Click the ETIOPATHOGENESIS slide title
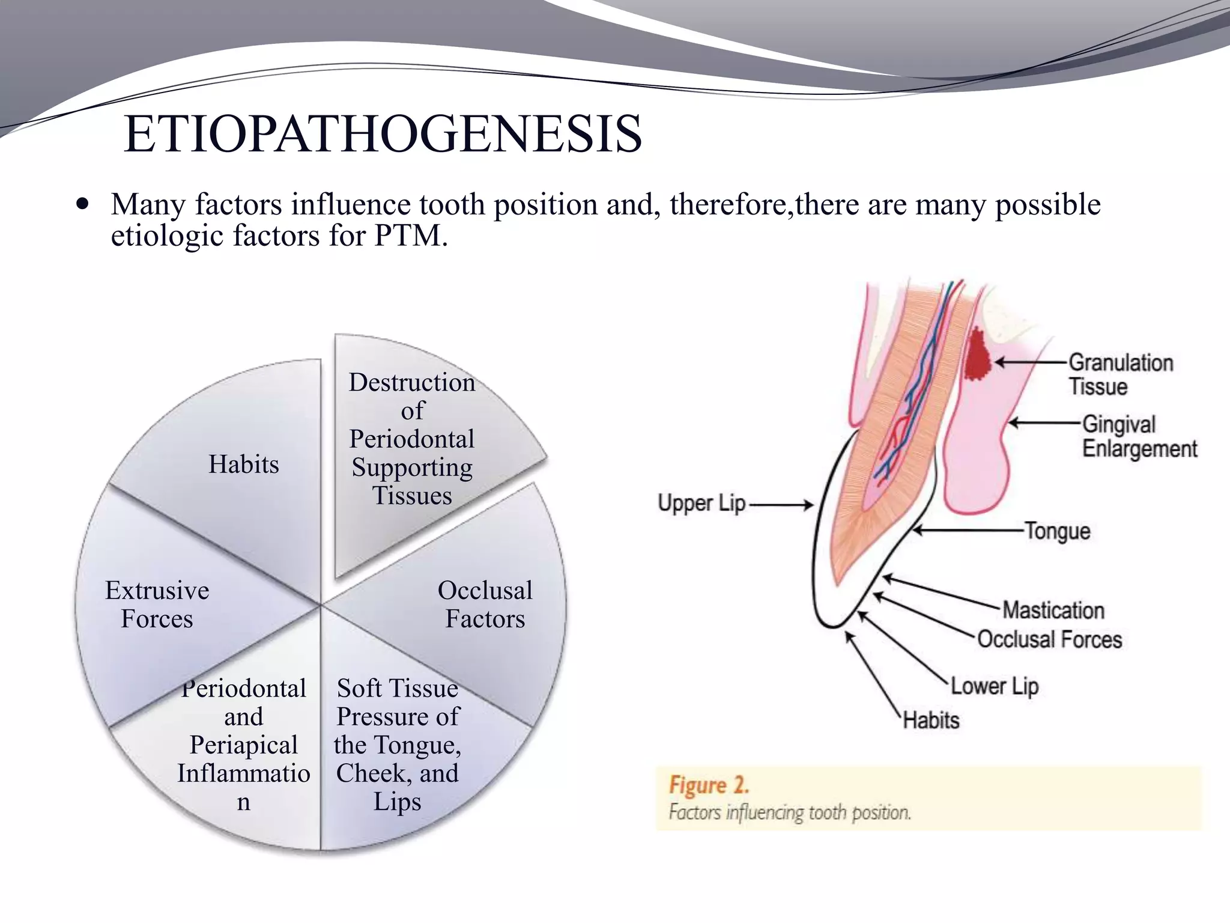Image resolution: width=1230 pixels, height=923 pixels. tap(383, 134)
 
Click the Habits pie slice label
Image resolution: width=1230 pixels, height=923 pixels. tap(243, 465)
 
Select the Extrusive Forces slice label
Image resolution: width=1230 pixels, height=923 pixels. tap(157, 605)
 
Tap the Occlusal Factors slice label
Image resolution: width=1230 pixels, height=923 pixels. tap(485, 605)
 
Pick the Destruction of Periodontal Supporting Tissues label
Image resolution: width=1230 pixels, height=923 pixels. tap(412, 439)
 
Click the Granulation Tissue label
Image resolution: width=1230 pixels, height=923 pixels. tap(1120, 374)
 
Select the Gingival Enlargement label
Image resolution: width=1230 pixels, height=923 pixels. tap(1139, 437)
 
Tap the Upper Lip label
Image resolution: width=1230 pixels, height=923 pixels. tap(701, 504)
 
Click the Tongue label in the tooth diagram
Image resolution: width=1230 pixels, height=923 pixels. tap(1057, 531)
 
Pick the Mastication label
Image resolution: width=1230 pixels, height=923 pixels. tap(1053, 610)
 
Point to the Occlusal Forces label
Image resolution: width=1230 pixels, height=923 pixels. tap(1049, 639)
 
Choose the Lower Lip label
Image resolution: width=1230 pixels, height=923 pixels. tap(995, 686)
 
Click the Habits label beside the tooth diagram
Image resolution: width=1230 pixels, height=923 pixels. tap(931, 720)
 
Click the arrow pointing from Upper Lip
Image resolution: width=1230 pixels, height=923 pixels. tap(781, 505)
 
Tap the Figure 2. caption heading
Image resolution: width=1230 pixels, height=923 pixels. tap(709, 785)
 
